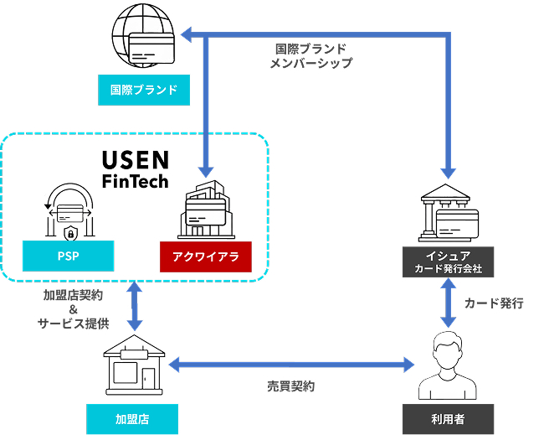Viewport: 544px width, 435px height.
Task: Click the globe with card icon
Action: coord(144,38)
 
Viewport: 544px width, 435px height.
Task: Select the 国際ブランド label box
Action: coord(144,89)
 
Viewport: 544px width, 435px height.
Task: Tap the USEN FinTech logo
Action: coord(135,168)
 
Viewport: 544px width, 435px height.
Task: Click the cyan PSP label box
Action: coord(69,256)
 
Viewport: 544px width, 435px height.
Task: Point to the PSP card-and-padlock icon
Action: coord(69,213)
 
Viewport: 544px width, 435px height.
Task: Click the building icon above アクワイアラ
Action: coord(206,210)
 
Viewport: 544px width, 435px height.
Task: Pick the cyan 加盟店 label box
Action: coord(133,417)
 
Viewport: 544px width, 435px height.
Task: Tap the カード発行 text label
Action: coord(495,303)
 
